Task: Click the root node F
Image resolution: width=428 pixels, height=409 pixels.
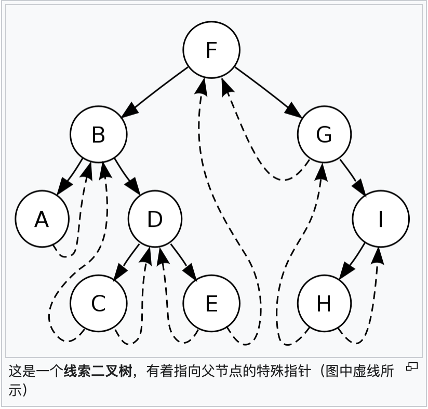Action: [x=211, y=50]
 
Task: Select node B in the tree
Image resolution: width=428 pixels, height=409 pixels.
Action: [x=98, y=135]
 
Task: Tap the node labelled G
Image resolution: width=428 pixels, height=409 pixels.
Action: [x=324, y=135]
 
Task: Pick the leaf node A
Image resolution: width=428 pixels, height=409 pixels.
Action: [x=42, y=220]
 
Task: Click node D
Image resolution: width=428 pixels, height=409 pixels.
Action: [x=155, y=220]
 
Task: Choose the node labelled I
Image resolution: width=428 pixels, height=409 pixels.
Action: [x=380, y=220]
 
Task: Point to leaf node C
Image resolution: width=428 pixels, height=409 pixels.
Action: [x=98, y=304]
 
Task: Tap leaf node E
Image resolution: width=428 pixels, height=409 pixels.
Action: [x=211, y=304]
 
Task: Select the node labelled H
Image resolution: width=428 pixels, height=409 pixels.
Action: [x=324, y=304]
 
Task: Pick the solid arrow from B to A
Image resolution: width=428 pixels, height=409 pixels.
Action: [x=70, y=177]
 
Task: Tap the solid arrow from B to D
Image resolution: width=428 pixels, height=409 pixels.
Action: [x=127, y=177]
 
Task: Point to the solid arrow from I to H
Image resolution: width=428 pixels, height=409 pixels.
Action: [x=352, y=262]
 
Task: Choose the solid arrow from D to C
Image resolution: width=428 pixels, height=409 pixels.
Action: [x=127, y=262]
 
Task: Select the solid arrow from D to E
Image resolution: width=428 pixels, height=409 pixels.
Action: [x=183, y=262]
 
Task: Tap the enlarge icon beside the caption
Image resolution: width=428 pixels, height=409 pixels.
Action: [x=412, y=367]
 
